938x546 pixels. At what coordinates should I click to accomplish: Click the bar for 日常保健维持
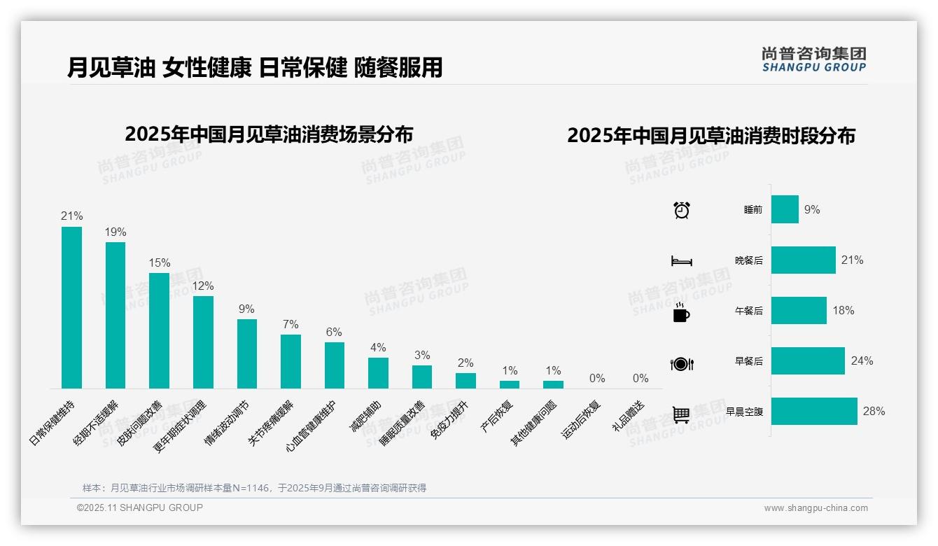[71, 307]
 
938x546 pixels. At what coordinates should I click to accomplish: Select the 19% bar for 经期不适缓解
[115, 315]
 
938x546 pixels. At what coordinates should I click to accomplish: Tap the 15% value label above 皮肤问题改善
[160, 262]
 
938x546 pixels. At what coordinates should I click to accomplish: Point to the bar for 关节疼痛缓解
[290, 361]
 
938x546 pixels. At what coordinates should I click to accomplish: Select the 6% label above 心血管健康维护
[334, 332]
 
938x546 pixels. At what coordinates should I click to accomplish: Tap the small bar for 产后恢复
[510, 384]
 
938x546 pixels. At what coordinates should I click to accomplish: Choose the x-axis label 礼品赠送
[628, 416]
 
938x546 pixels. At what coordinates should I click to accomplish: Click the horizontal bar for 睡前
[785, 209]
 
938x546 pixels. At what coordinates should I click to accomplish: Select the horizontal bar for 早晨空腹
[814, 412]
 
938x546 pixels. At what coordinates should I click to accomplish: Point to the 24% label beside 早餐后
[862, 361]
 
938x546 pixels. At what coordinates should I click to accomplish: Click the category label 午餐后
[748, 311]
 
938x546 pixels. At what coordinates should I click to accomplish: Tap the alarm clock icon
[682, 210]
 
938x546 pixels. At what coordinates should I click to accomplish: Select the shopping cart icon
[681, 414]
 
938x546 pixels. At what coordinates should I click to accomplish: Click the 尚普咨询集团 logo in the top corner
[813, 59]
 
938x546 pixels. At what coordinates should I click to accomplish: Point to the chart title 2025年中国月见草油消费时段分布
[711, 136]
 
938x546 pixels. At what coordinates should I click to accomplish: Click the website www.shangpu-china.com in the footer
[815, 508]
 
